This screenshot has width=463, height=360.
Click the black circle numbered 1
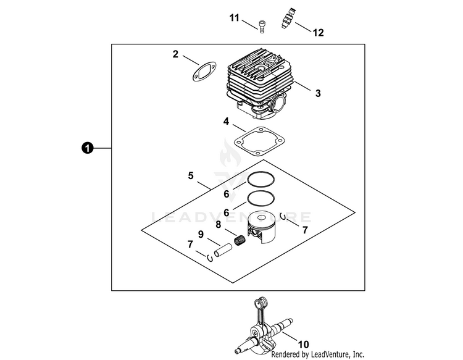pos(88,148)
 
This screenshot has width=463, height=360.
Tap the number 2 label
pos(175,54)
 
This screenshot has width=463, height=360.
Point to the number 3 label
pos(318,94)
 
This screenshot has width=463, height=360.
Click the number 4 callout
pos(226,122)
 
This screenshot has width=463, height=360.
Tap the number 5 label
pos(190,176)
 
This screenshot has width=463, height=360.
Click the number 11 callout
pos(235,18)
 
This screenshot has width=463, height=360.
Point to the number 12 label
pos(318,32)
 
